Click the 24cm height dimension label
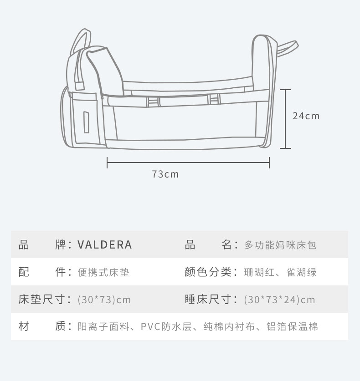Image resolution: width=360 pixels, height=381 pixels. click(306, 116)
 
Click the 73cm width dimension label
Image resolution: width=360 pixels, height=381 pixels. click(165, 174)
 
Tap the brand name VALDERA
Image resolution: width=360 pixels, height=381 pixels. click(105, 245)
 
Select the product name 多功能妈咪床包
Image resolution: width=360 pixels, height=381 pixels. click(280, 245)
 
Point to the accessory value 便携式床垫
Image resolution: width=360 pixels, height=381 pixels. click(103, 272)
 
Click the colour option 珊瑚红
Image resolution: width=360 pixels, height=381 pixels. click(259, 272)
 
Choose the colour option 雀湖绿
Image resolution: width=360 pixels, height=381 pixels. click(301, 272)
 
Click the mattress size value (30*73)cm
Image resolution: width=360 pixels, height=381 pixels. click(104, 300)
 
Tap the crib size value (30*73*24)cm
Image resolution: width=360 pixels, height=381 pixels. click(279, 300)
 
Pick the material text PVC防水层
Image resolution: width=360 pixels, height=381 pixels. click(168, 327)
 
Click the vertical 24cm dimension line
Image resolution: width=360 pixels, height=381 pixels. click(285, 119)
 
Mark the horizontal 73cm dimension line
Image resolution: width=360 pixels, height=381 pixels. click(188, 163)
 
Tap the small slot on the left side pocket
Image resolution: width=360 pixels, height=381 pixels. click(86, 122)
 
